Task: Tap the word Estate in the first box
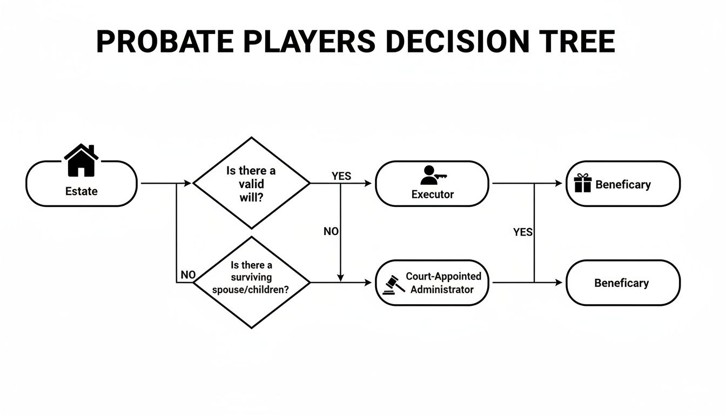(x=82, y=191)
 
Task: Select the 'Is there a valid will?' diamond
(x=251, y=183)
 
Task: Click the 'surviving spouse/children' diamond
(x=251, y=282)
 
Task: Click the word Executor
(x=432, y=194)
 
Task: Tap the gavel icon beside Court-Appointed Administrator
(x=394, y=284)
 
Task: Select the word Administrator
(x=442, y=290)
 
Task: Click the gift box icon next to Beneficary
(x=583, y=183)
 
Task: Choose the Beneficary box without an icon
(x=622, y=283)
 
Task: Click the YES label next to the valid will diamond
(x=341, y=176)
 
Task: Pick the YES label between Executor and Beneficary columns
(x=522, y=232)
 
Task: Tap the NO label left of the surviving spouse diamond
(x=187, y=275)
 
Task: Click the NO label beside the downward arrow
(x=331, y=231)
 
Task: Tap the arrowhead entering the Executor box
(x=369, y=183)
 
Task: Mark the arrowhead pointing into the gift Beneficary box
(x=559, y=183)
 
